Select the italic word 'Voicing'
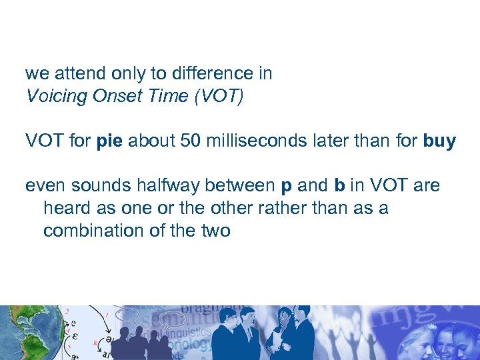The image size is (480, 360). pyautogui.click(x=57, y=96)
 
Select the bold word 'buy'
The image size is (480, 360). pyautogui.click(x=439, y=141)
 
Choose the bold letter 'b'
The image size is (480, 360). pyautogui.click(x=339, y=185)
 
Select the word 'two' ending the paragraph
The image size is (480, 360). pyautogui.click(x=215, y=231)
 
